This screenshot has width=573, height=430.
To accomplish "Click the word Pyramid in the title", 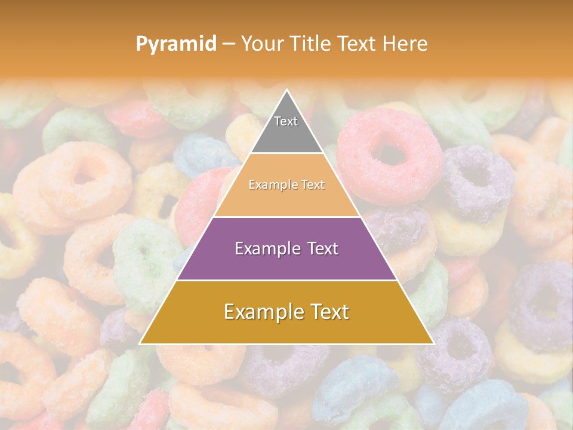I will pyautogui.click(x=176, y=44).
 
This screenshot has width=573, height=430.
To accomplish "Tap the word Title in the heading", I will pyautogui.click(x=311, y=44).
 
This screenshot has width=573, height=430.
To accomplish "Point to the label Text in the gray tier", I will pyautogui.click(x=286, y=121).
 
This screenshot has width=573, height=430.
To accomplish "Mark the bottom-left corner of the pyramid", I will pyautogui.click(x=140, y=343).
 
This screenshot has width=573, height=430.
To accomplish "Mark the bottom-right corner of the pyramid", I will pyautogui.click(x=433, y=343).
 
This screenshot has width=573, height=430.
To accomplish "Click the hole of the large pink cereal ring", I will pyautogui.click(x=391, y=155).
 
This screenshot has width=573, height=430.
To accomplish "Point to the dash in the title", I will pyautogui.click(x=229, y=44).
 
